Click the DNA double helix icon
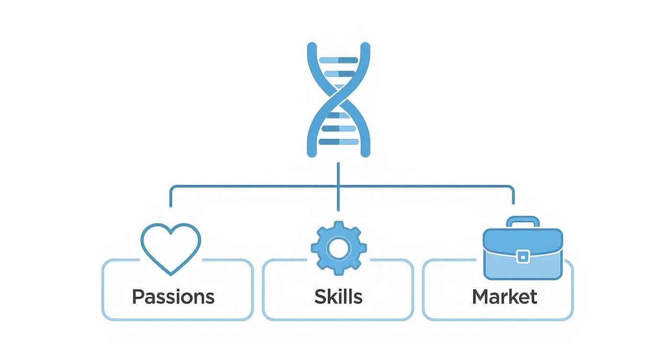click(x=338, y=100)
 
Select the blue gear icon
click(x=339, y=247)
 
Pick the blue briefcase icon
click(x=523, y=253)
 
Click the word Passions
click(x=173, y=297)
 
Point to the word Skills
click(x=338, y=297)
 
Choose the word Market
click(x=504, y=297)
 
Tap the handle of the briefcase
click(x=523, y=221)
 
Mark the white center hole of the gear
click(x=339, y=247)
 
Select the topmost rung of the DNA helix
click(x=338, y=60)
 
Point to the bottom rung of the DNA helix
click(x=338, y=142)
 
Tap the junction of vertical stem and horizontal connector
click(x=338, y=186)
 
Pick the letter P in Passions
click(x=138, y=297)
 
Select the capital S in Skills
click(x=320, y=297)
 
